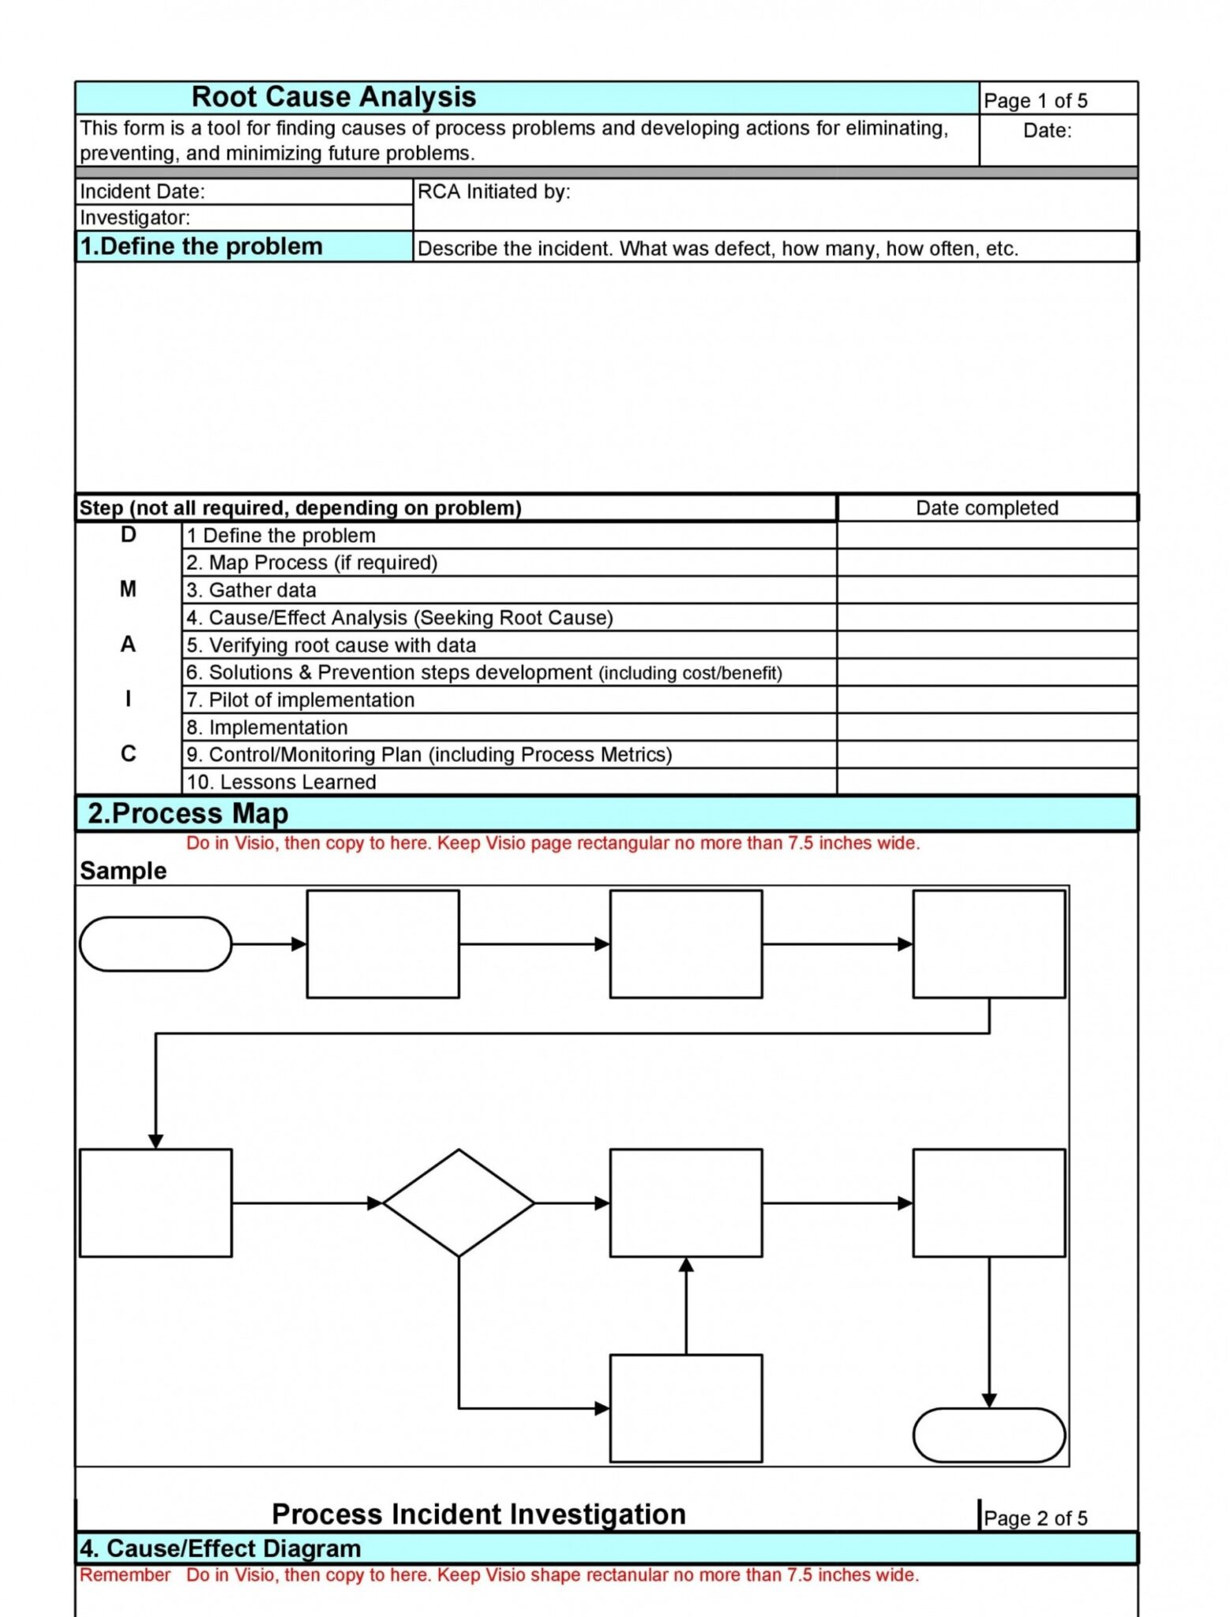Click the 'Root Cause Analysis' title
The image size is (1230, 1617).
pyautogui.click(x=333, y=97)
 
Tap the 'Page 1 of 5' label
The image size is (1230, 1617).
pyautogui.click(x=1034, y=101)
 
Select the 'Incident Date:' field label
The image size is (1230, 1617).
pyautogui.click(x=142, y=192)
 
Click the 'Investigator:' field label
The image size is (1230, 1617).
pyautogui.click(x=135, y=218)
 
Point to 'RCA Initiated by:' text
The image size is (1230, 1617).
pyautogui.click(x=493, y=192)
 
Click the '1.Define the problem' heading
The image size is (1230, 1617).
pyautogui.click(x=201, y=246)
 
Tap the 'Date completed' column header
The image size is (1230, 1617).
pyautogui.click(x=986, y=508)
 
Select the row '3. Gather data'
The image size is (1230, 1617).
pyautogui.click(x=251, y=590)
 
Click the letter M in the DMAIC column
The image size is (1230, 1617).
pyautogui.click(x=128, y=589)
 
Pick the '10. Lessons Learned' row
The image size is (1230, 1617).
pyautogui.click(x=281, y=782)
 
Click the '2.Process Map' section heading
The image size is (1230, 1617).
pyautogui.click(x=188, y=813)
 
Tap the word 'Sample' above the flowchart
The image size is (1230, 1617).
pyautogui.click(x=123, y=871)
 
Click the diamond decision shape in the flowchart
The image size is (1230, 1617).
pyautogui.click(x=458, y=1202)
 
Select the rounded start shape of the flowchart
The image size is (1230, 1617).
pyautogui.click(x=156, y=944)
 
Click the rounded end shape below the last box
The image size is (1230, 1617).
pyautogui.click(x=988, y=1435)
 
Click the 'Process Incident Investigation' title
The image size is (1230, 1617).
pyautogui.click(x=478, y=1514)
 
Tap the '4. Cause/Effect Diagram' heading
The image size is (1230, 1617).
pyautogui.click(x=220, y=1548)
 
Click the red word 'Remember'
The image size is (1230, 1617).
pyautogui.click(x=125, y=1575)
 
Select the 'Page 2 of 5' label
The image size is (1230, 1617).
pyautogui.click(x=1035, y=1518)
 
